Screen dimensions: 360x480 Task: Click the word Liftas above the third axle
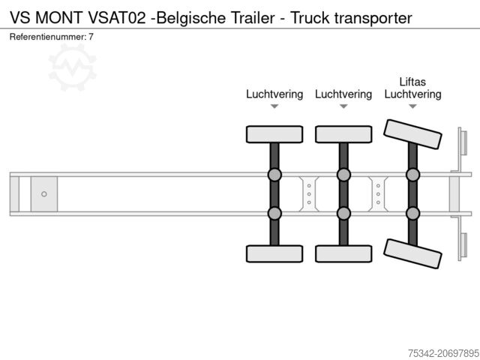click(x=412, y=81)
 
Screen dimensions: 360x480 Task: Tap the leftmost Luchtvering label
click(x=274, y=94)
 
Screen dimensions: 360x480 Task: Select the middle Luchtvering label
click(x=343, y=94)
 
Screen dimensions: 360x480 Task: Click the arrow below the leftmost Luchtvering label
click(x=274, y=106)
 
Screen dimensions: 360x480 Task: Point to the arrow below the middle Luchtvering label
click(x=343, y=106)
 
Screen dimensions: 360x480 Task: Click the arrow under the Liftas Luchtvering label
click(x=412, y=106)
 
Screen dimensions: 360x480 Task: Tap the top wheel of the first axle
click(x=274, y=134)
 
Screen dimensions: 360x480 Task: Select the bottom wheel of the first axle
click(x=274, y=253)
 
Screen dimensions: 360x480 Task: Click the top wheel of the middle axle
click(x=343, y=134)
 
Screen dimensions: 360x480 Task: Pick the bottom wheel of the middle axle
click(x=343, y=253)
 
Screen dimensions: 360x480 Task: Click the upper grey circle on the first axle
click(x=274, y=175)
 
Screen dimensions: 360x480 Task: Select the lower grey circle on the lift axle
click(x=412, y=213)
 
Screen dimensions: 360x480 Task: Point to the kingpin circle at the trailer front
click(x=44, y=194)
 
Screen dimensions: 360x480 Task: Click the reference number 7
click(x=91, y=37)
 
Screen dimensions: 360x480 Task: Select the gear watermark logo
click(x=73, y=66)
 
